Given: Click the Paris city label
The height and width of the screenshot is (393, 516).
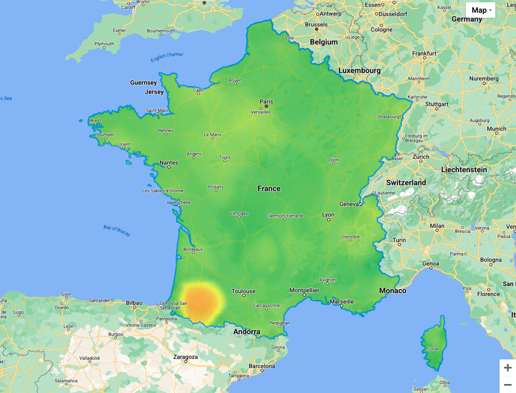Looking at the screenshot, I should (x=266, y=101).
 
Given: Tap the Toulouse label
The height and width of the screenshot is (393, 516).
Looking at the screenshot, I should (x=244, y=291).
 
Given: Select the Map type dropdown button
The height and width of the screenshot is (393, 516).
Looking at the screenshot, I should (x=480, y=10).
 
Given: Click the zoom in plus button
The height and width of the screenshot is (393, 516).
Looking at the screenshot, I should (x=507, y=368).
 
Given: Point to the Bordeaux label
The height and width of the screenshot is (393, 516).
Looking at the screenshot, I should (x=193, y=249).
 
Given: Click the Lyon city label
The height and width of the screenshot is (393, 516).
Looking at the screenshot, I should (x=328, y=214).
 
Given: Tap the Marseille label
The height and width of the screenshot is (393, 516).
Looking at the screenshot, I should (x=342, y=301).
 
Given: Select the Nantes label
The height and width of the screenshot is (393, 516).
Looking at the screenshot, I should (x=169, y=162).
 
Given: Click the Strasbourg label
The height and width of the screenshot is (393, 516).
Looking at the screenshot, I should (x=389, y=116).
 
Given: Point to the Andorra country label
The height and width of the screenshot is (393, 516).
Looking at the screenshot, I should (x=247, y=331).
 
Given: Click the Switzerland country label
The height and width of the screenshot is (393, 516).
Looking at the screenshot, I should (x=406, y=182).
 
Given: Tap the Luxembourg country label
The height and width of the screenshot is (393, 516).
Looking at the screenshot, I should (x=359, y=70).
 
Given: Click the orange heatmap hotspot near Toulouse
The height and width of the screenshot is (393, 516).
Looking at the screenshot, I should (x=201, y=301).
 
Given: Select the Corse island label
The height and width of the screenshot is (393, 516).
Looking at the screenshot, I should (x=432, y=349).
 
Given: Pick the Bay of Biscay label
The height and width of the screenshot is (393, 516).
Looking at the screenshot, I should (x=117, y=230).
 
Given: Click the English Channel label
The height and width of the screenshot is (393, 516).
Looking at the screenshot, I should (x=167, y=57).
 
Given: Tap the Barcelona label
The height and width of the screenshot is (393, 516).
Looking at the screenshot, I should (x=262, y=366).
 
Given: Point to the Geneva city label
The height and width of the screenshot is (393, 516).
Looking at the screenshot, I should (x=349, y=204).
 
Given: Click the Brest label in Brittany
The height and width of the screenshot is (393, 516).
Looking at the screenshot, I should (x=96, y=120).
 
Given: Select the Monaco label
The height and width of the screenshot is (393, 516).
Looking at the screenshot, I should (x=393, y=290).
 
